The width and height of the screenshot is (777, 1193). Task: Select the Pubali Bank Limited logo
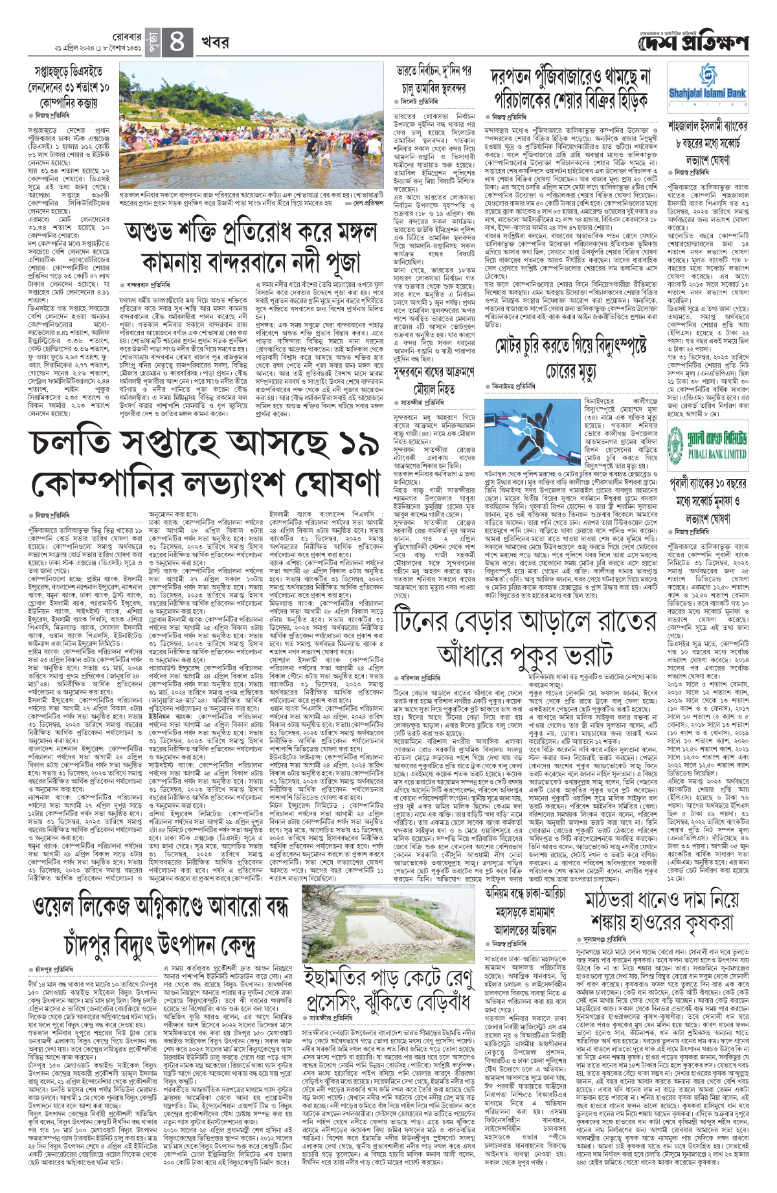tap(707, 443)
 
